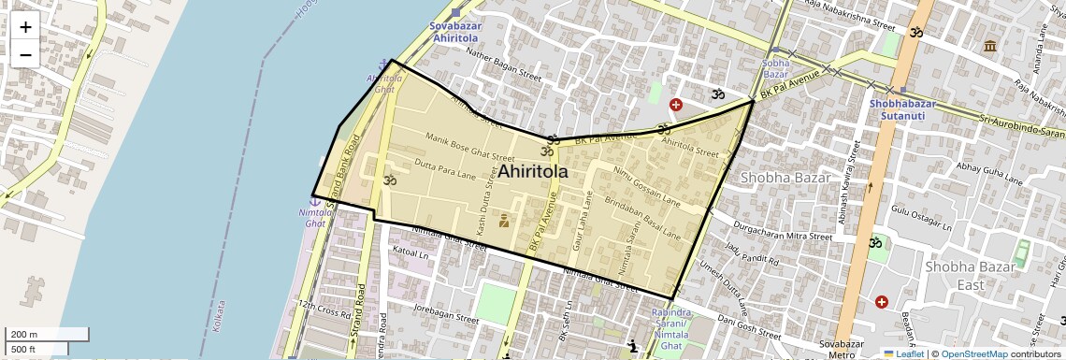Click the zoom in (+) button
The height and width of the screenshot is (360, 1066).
[x=25, y=27]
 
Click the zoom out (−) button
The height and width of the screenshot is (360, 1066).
[x=25, y=54]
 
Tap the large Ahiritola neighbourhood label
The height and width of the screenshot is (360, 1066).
[x=533, y=172]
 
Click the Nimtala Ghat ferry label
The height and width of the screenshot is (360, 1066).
[x=316, y=218]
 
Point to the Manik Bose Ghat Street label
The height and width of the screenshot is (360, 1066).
[x=469, y=148]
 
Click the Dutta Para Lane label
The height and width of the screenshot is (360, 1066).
[x=444, y=169]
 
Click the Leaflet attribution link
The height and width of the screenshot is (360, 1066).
[x=902, y=353]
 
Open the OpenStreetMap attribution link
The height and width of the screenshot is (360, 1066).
[x=973, y=353]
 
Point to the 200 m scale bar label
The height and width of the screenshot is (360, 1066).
[x=24, y=335]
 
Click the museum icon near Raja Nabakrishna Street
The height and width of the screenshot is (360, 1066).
[x=989, y=46]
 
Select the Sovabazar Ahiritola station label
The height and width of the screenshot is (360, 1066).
[x=455, y=33]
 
